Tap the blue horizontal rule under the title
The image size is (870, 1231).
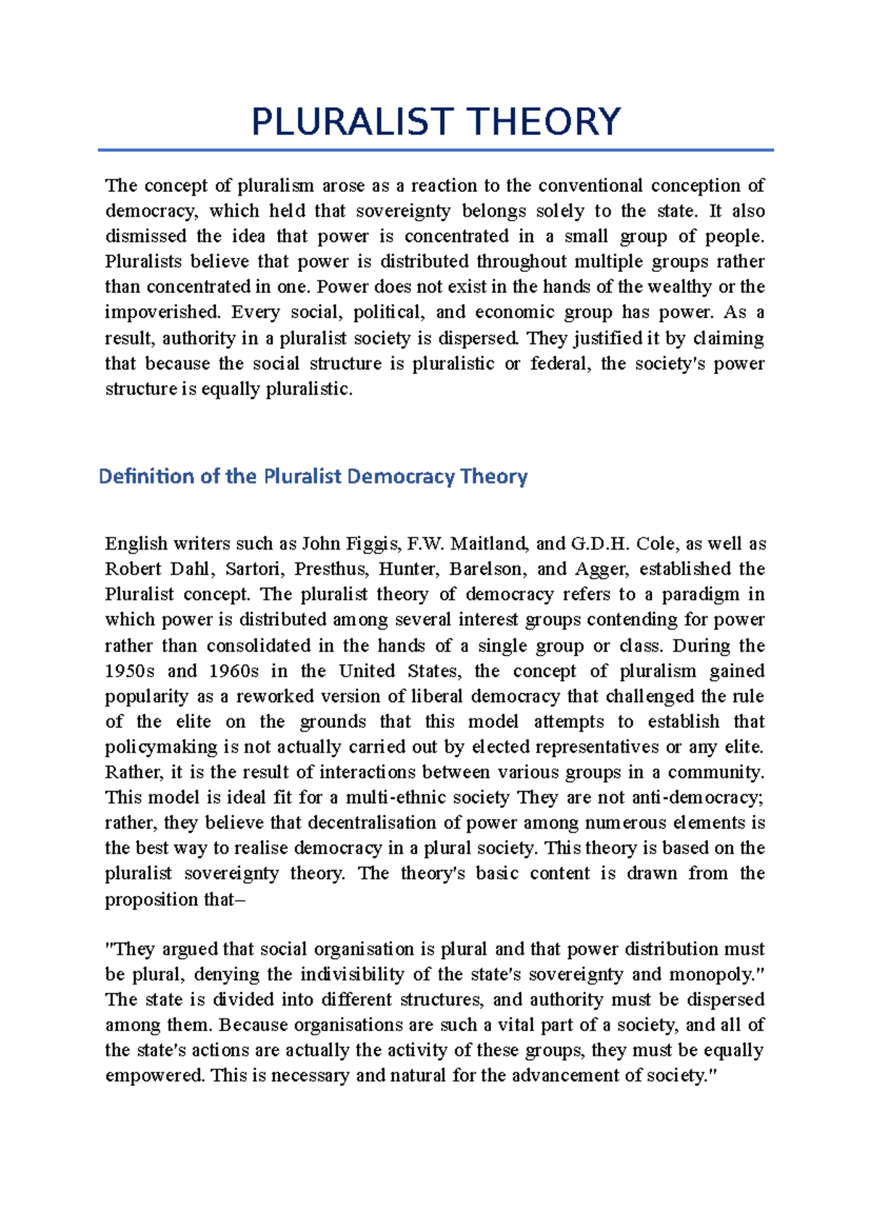(x=435, y=150)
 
